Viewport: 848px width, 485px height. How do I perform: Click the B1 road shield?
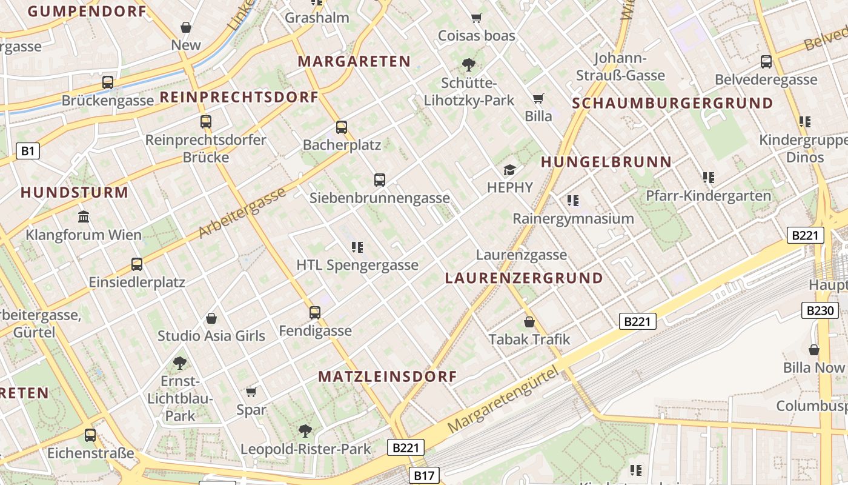click(27, 151)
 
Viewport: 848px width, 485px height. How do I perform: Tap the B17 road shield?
click(424, 475)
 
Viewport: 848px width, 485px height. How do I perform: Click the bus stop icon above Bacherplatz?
click(342, 127)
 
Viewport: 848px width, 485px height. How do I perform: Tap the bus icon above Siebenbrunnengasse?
click(380, 180)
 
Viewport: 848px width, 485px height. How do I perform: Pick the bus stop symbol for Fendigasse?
click(315, 313)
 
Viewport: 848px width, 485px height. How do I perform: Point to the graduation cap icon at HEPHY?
click(509, 170)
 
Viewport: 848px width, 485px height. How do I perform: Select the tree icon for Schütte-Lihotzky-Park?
click(468, 64)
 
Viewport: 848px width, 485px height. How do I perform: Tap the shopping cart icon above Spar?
click(251, 392)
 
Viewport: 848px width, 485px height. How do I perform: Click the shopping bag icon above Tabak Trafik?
click(529, 321)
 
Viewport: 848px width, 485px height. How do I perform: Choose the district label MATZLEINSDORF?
click(388, 376)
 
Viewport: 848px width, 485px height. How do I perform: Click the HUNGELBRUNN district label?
click(606, 162)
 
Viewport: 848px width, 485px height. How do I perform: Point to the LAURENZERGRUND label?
click(524, 278)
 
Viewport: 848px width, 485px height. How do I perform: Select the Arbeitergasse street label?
click(242, 213)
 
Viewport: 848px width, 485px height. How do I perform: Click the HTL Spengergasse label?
click(357, 265)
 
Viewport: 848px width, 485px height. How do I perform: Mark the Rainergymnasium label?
click(573, 218)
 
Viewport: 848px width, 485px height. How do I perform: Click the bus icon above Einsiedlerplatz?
click(137, 264)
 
